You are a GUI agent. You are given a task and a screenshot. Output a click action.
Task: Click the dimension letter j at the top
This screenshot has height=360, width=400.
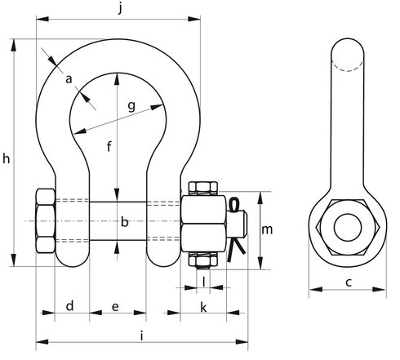click(x=120, y=8)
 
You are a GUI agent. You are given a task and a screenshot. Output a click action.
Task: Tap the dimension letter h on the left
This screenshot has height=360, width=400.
click(x=7, y=158)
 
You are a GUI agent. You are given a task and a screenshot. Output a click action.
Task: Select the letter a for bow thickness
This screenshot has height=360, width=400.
click(x=69, y=79)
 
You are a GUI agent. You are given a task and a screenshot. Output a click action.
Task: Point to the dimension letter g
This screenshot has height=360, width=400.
click(x=131, y=106)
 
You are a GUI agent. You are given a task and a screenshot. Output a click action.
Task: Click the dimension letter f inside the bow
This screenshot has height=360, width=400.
click(x=109, y=146)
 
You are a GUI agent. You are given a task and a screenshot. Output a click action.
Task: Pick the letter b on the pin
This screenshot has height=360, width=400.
click(x=124, y=222)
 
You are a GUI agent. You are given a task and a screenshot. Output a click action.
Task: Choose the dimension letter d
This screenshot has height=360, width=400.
click(x=70, y=306)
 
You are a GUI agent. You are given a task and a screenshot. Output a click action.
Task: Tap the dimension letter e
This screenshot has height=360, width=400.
click(x=115, y=307)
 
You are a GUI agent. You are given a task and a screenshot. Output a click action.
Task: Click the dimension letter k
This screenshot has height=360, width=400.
click(x=203, y=307)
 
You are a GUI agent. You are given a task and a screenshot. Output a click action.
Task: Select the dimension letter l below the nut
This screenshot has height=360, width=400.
click(x=204, y=282)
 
